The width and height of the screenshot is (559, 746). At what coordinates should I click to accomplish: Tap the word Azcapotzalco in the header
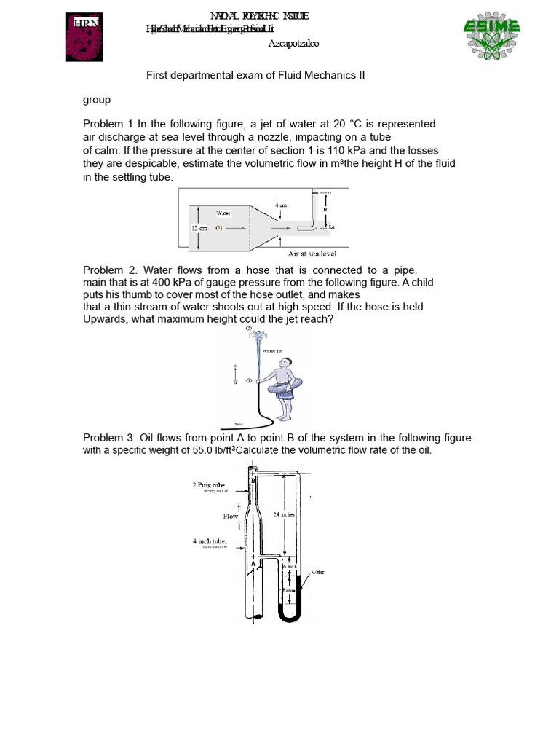[x=293, y=44]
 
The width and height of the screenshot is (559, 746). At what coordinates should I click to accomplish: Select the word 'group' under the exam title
[x=96, y=100]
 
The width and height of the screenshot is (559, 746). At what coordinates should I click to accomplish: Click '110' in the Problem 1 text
[x=341, y=150]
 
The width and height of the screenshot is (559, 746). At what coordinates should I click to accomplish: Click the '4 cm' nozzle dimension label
[x=281, y=205]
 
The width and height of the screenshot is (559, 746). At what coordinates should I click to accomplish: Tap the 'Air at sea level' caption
[x=312, y=254]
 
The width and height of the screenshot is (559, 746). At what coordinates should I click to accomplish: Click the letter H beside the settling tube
[x=325, y=210]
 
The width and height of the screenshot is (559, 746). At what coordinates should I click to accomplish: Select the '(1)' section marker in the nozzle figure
[x=218, y=228]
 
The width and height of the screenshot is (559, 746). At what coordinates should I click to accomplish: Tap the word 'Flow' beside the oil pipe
[x=230, y=516]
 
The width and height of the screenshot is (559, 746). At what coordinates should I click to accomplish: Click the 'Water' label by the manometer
[x=317, y=572]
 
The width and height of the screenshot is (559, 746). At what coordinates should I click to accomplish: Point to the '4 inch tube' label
[x=209, y=541]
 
